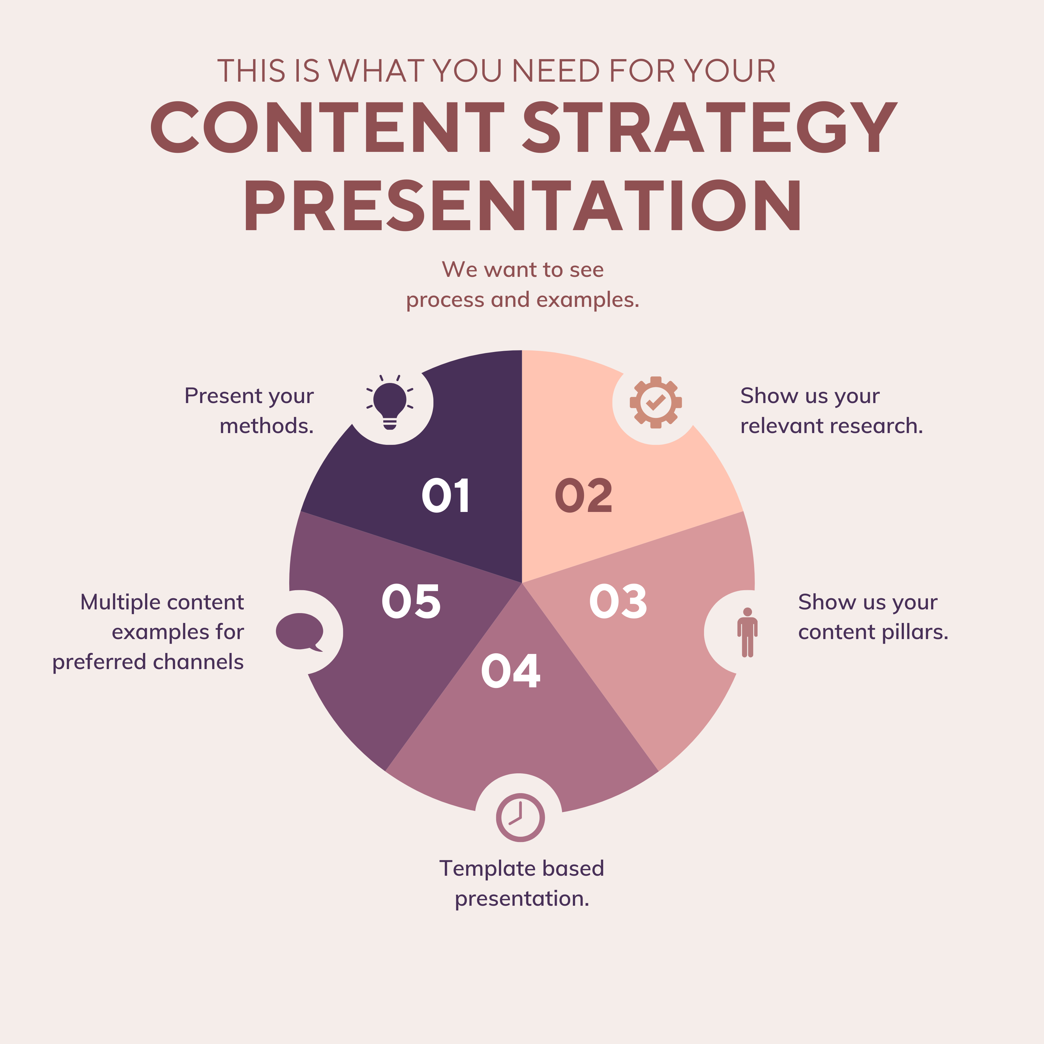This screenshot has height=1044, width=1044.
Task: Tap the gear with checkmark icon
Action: point(655,402)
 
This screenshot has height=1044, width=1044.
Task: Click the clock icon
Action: point(520,818)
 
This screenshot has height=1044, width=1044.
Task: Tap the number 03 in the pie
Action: point(618,601)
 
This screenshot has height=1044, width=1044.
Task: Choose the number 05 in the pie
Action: point(411,601)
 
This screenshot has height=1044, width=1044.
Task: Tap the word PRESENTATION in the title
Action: point(522,205)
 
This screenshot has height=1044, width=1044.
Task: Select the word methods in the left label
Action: point(266,426)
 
